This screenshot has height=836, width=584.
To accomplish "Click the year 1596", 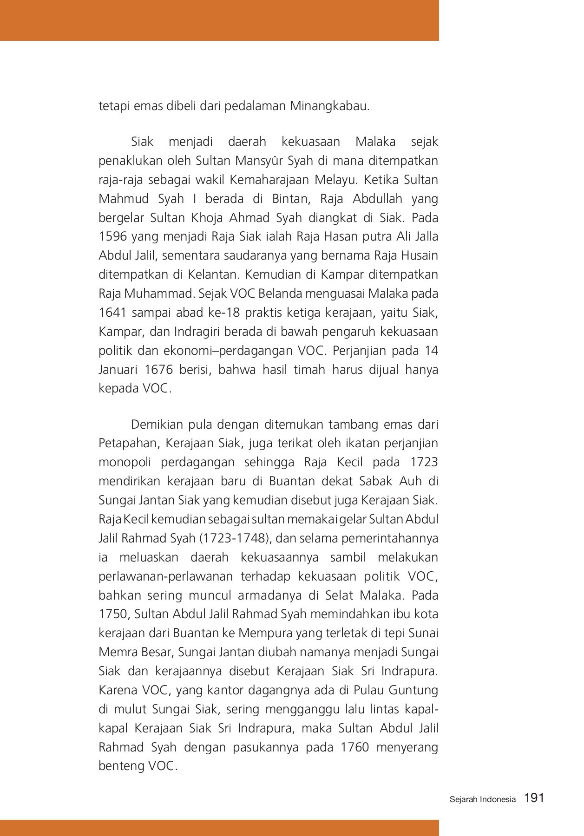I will pyautogui.click(x=113, y=236).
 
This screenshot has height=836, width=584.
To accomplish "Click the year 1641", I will pyautogui.click(x=113, y=313).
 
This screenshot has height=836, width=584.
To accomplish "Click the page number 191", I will pyautogui.click(x=534, y=798).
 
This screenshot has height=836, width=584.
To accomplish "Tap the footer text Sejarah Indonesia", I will pyautogui.click(x=483, y=799).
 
